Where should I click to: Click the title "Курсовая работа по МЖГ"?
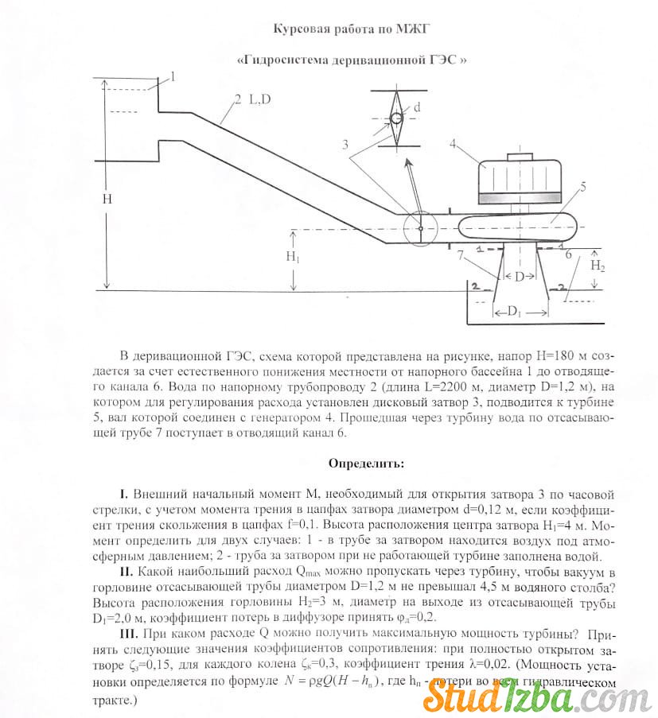click(x=352, y=29)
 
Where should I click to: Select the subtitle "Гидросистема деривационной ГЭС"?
click(x=350, y=60)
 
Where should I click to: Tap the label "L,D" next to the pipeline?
click(x=259, y=99)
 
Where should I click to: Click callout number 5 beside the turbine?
click(x=583, y=187)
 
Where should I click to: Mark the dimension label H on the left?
click(x=107, y=199)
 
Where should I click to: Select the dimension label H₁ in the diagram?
click(x=293, y=257)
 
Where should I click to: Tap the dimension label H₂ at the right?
click(x=598, y=267)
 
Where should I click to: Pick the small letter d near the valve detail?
click(x=418, y=106)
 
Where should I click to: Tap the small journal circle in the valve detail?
click(x=395, y=118)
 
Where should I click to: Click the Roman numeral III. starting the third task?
click(x=127, y=634)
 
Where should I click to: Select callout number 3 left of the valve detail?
click(x=345, y=145)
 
